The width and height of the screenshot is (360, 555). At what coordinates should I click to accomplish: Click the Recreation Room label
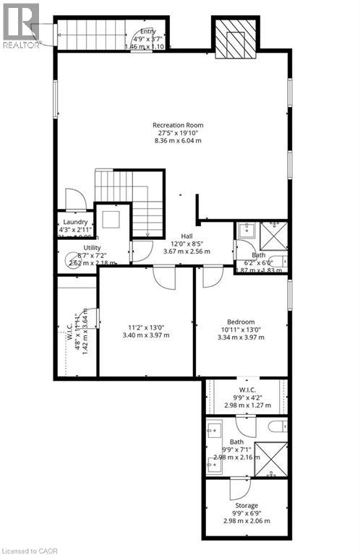pyautogui.click(x=176, y=124)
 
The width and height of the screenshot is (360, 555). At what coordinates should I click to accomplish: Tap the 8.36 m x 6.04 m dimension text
pyautogui.click(x=176, y=140)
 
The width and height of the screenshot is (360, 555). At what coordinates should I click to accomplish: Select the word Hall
pyautogui.click(x=187, y=236)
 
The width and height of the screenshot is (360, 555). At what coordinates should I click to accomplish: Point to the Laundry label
pyautogui.click(x=75, y=222)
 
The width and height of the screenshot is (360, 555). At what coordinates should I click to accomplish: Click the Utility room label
pyautogui.click(x=92, y=247)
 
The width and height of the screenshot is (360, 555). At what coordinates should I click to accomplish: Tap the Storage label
pyautogui.click(x=247, y=505)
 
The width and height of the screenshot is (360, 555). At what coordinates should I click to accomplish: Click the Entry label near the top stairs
pyautogui.click(x=147, y=31)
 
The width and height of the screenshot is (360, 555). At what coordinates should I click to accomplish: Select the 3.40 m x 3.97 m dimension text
pyautogui.click(x=145, y=335)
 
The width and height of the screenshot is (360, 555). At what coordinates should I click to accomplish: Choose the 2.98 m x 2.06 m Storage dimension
pyautogui.click(x=247, y=520)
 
